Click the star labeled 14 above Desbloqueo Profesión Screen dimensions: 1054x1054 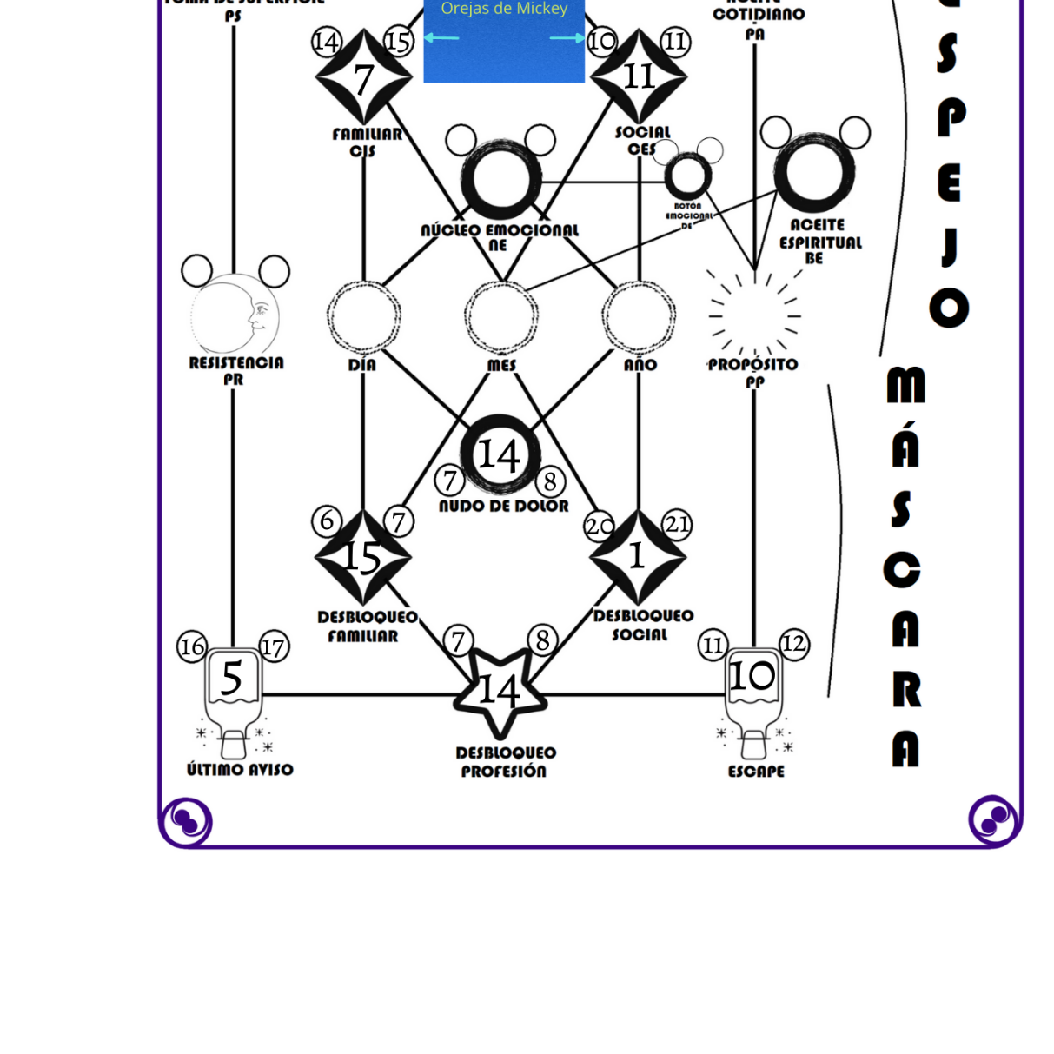pyautogui.click(x=500, y=693)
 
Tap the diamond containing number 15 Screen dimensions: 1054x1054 pyautogui.click(x=363, y=557)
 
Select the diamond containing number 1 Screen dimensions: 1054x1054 pyautogui.click(x=638, y=557)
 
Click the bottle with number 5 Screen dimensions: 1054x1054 pyautogui.click(x=232, y=686)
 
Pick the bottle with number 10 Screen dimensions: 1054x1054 pyautogui.click(x=752, y=686)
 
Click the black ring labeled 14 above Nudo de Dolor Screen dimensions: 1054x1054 pyautogui.click(x=500, y=454)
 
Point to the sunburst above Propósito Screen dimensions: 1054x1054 pyautogui.click(x=753, y=315)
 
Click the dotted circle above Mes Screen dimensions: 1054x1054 pyautogui.click(x=501, y=316)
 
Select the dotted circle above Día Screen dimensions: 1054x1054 pyautogui.click(x=363, y=316)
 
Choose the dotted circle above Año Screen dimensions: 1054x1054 pyautogui.click(x=639, y=316)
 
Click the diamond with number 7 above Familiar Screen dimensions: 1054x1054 pyautogui.click(x=363, y=77)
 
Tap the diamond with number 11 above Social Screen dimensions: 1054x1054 pyautogui.click(x=639, y=76)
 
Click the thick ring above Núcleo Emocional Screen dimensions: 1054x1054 pyautogui.click(x=501, y=180)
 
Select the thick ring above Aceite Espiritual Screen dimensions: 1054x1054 pyautogui.click(x=814, y=172)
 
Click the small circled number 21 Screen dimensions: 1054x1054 pyautogui.click(x=677, y=524)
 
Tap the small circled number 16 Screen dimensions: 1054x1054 pyautogui.click(x=192, y=646)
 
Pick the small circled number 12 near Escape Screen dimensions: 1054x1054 pyautogui.click(x=793, y=644)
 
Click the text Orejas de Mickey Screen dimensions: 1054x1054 pyautogui.click(x=504, y=10)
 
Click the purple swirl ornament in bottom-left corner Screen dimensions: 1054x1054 pyautogui.click(x=186, y=819)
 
